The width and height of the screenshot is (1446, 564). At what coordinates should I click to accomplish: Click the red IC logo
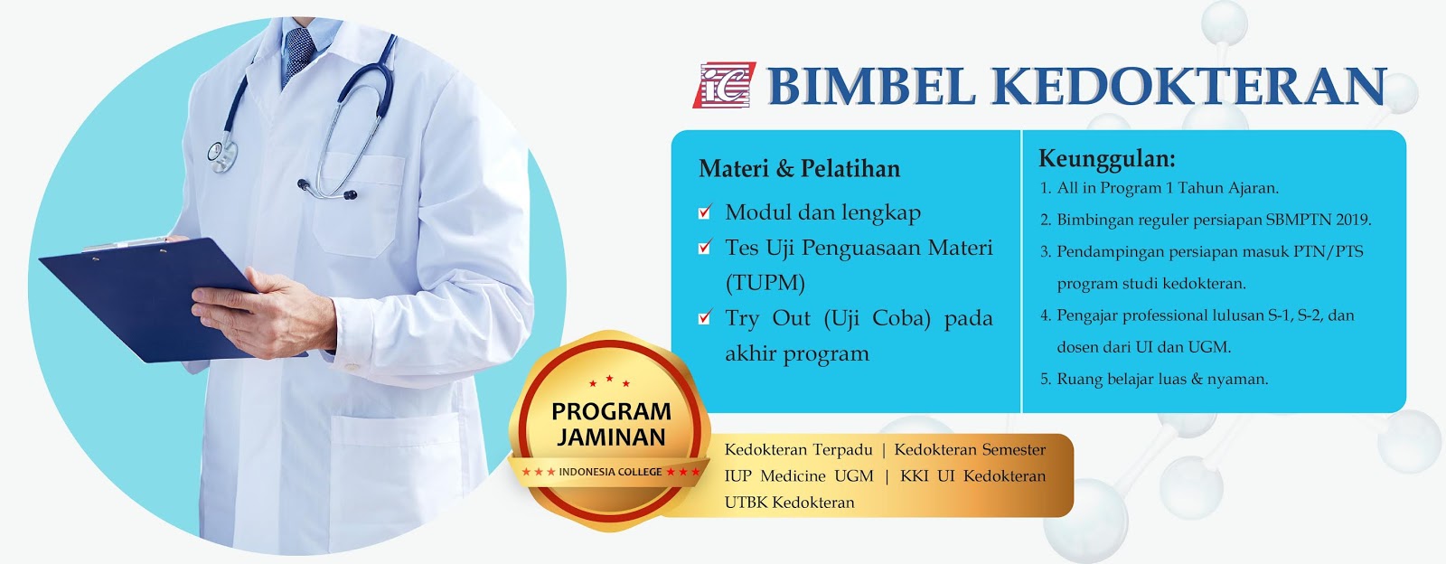tap(724, 85)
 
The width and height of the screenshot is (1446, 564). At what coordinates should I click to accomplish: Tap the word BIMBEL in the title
tap(872, 86)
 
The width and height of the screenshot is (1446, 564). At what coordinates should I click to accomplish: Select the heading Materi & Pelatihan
tap(799, 168)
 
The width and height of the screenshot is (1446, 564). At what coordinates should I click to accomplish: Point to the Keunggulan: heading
tap(1107, 159)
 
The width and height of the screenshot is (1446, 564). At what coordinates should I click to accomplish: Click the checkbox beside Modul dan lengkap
tap(705, 211)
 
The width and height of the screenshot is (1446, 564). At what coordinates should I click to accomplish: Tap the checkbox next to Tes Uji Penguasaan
tap(705, 247)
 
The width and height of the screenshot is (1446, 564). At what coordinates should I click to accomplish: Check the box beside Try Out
tap(705, 317)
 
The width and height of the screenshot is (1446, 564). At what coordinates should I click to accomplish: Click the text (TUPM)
tap(765, 283)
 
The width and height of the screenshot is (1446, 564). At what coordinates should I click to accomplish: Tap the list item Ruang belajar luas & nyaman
tap(1162, 379)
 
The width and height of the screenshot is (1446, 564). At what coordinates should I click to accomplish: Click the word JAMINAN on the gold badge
tap(611, 437)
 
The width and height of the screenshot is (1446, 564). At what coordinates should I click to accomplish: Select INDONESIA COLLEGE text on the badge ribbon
tap(610, 472)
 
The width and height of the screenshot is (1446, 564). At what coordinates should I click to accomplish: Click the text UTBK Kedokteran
tap(789, 502)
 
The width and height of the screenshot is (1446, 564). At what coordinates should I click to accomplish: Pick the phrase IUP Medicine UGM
tap(799, 475)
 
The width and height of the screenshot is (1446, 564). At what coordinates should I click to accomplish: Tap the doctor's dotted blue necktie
tap(299, 55)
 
